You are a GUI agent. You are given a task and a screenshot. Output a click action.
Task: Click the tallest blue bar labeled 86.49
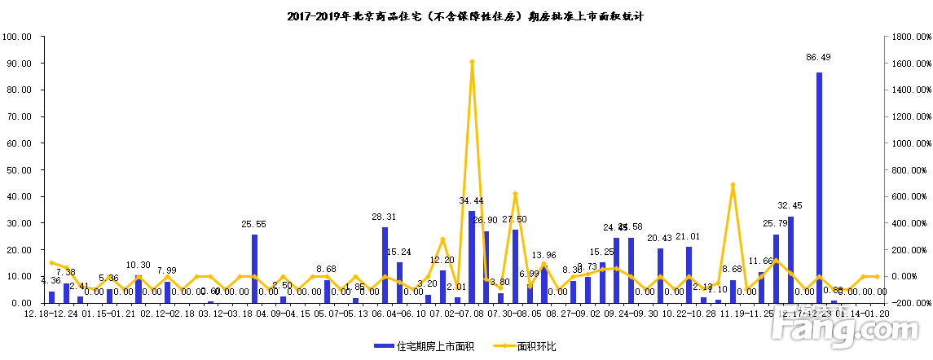819,187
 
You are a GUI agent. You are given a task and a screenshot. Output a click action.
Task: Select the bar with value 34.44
472,257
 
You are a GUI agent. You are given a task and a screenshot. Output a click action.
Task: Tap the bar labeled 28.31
385,265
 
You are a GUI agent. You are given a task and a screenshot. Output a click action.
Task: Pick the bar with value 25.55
254,269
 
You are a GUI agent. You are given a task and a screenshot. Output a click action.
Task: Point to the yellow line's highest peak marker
472,62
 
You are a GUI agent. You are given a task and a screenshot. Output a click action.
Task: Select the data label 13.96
544,255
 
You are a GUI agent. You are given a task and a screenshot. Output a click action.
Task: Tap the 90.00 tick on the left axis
17,64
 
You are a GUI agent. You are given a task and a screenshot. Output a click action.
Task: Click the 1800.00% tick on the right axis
909,37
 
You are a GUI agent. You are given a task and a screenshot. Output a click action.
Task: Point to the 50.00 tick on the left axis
17,170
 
